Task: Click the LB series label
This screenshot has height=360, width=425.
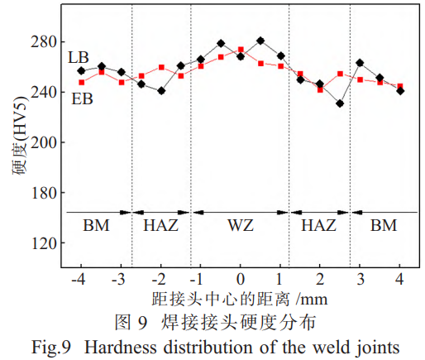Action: tap(79, 57)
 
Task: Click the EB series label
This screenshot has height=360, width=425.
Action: tap(81, 99)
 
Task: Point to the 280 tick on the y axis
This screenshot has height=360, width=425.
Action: tap(44, 41)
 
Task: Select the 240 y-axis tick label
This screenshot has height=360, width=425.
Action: tap(44, 92)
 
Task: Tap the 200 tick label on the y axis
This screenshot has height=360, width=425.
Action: tap(44, 142)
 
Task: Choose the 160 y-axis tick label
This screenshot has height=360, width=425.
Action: tap(44, 193)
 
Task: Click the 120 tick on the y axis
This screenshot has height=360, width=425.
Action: tap(44, 243)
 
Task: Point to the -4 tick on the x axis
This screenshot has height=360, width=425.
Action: tap(79, 276)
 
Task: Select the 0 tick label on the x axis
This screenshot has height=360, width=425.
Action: tap(240, 276)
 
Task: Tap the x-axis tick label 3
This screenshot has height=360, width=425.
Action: tap(361, 276)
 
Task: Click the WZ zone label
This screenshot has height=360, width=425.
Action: tap(241, 225)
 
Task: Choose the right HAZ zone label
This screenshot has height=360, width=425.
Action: tap(318, 225)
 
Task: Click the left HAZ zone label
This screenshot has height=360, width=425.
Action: tap(160, 225)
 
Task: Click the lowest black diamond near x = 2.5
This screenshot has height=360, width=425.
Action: tap(340, 103)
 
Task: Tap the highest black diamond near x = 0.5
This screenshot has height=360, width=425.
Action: tap(260, 41)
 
